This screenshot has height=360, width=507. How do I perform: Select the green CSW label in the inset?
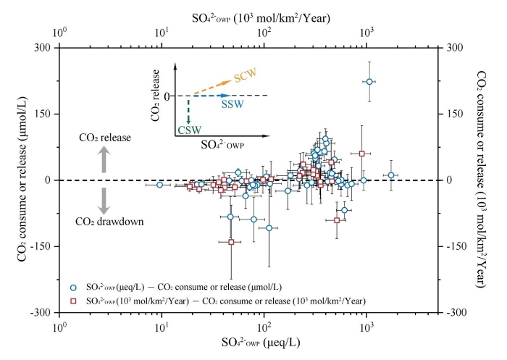coord(188,130)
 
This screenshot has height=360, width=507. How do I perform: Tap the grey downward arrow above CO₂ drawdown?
coord(104,199)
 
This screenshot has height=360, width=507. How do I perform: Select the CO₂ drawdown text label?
coord(104,222)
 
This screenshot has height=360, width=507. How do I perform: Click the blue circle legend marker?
coord(72,288)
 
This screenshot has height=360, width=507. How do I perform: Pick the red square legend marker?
coord(72,300)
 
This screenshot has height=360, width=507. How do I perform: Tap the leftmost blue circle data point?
coord(159,185)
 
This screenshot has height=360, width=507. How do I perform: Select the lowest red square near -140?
coord(231,242)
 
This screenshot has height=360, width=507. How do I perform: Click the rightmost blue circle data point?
coord(391,175)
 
